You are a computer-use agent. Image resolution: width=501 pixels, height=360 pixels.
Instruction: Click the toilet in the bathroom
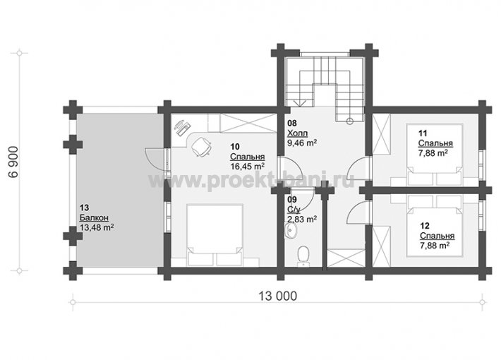303,256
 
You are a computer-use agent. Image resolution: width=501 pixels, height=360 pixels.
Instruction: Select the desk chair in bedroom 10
201,147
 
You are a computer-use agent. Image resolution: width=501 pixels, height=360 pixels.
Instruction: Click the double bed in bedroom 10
215,235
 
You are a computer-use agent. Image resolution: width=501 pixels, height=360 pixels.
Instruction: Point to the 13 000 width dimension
277,296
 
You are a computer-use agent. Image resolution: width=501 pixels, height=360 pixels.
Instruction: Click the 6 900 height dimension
13,162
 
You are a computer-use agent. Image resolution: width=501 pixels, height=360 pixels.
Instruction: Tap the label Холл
297,133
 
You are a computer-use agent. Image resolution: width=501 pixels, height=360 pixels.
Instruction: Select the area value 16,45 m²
247,167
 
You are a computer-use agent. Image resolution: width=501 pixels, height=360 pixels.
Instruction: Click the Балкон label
94,217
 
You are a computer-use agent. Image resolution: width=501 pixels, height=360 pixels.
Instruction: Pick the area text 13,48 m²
97,227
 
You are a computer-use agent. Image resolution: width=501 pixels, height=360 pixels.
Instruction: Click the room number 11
423,133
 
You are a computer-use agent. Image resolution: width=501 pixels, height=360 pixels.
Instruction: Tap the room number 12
425,226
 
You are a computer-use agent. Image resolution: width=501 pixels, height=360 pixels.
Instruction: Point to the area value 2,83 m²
302,220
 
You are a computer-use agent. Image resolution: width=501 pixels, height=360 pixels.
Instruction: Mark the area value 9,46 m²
302,143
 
